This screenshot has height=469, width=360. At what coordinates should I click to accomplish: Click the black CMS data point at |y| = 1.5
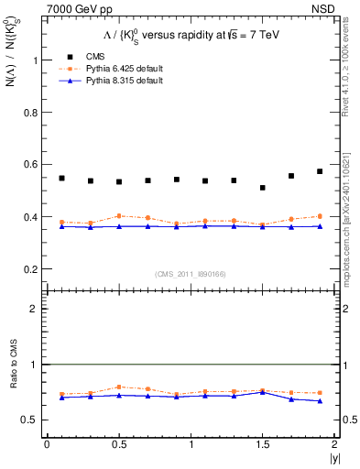click(262, 188)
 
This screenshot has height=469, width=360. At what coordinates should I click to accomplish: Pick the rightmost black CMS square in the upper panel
click(320, 171)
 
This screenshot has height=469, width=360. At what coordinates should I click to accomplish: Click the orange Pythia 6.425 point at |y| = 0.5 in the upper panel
click(119, 216)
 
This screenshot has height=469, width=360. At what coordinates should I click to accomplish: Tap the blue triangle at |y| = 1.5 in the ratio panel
click(262, 392)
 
